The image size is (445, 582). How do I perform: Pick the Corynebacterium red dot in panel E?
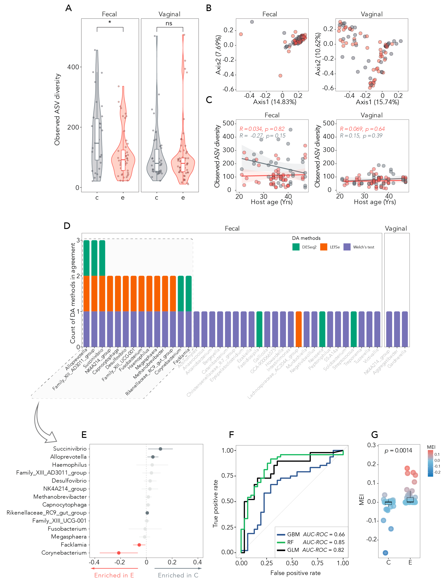tap(119, 553)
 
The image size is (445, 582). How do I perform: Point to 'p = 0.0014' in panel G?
tap(398, 451)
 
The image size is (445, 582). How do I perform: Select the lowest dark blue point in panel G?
tap(385, 553)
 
